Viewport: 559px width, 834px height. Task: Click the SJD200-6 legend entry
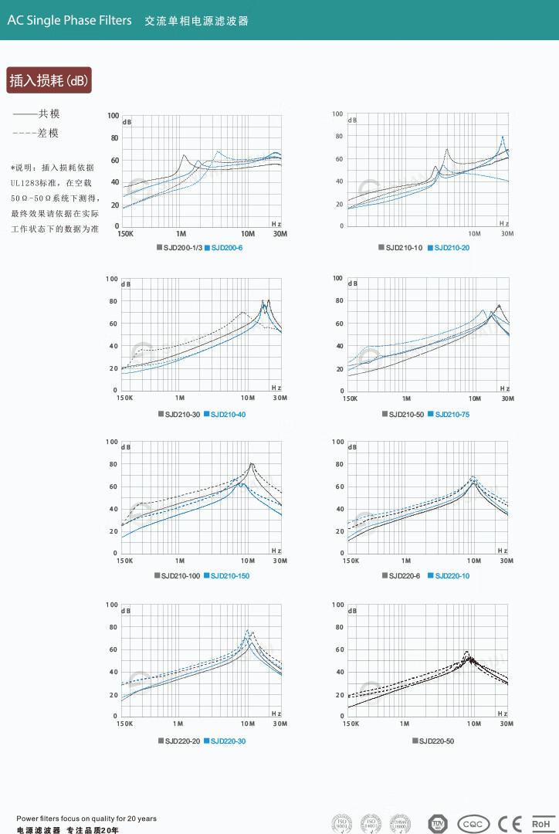(x=227, y=248)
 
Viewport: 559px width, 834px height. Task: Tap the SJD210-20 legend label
(x=452, y=248)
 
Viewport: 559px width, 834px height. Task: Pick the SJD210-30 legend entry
(x=182, y=415)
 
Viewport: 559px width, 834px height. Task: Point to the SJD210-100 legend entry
(x=181, y=576)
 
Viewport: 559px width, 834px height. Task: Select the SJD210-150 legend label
(x=229, y=576)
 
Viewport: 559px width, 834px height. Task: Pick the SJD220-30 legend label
(x=228, y=741)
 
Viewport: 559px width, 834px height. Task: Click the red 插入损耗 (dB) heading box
(x=49, y=80)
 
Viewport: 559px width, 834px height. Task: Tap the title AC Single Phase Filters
(x=69, y=21)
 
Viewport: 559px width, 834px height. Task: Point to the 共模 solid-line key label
(x=49, y=114)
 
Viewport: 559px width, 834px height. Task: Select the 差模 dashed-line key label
(x=49, y=133)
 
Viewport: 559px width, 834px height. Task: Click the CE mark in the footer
(x=510, y=824)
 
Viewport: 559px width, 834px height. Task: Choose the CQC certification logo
(x=473, y=824)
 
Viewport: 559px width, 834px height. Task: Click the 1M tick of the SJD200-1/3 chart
(x=181, y=234)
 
